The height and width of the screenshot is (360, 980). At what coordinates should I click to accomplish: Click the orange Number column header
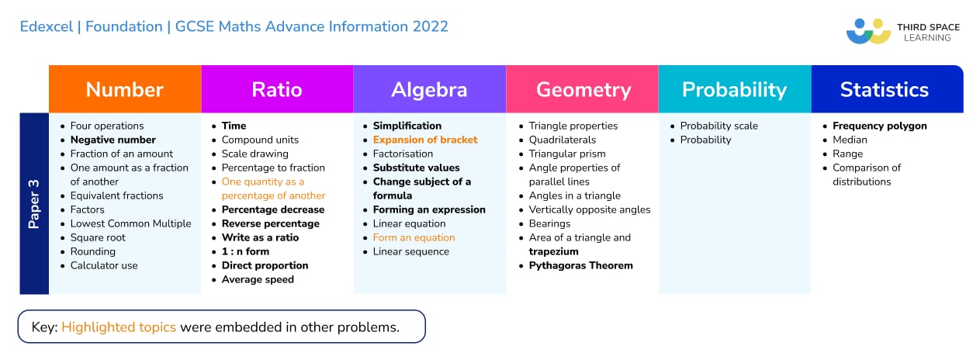coord(124,89)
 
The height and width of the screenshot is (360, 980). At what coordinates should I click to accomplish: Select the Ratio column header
coord(277,89)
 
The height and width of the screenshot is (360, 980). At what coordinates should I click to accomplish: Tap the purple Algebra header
coord(429,89)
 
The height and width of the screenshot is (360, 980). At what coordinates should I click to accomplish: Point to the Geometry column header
coord(583,89)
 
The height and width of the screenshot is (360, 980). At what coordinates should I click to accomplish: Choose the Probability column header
coord(734,89)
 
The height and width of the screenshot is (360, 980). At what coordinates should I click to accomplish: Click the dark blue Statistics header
coord(884,89)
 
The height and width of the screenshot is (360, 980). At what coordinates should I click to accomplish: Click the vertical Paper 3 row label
coord(34,204)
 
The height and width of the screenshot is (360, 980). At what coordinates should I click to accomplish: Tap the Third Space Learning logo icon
coord(868,31)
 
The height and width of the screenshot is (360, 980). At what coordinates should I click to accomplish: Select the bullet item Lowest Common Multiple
coord(130,223)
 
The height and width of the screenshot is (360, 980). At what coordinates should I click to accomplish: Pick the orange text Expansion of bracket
coord(424,140)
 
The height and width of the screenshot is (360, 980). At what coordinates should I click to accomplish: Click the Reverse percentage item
coord(270,223)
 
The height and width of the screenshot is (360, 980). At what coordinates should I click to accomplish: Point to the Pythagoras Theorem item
coord(580,265)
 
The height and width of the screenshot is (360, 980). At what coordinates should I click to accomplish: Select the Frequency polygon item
coord(879,126)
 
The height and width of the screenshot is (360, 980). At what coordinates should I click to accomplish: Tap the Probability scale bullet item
coord(719,126)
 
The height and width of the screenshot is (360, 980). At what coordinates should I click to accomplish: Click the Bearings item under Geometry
coord(549,223)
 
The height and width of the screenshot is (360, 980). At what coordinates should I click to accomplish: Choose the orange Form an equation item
coord(414,237)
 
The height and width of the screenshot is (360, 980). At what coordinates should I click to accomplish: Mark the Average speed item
coord(258,279)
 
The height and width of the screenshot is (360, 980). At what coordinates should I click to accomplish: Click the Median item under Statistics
coord(850,140)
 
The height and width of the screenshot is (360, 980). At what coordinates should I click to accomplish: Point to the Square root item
coord(98,237)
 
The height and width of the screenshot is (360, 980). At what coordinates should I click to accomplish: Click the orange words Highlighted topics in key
coord(120,327)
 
